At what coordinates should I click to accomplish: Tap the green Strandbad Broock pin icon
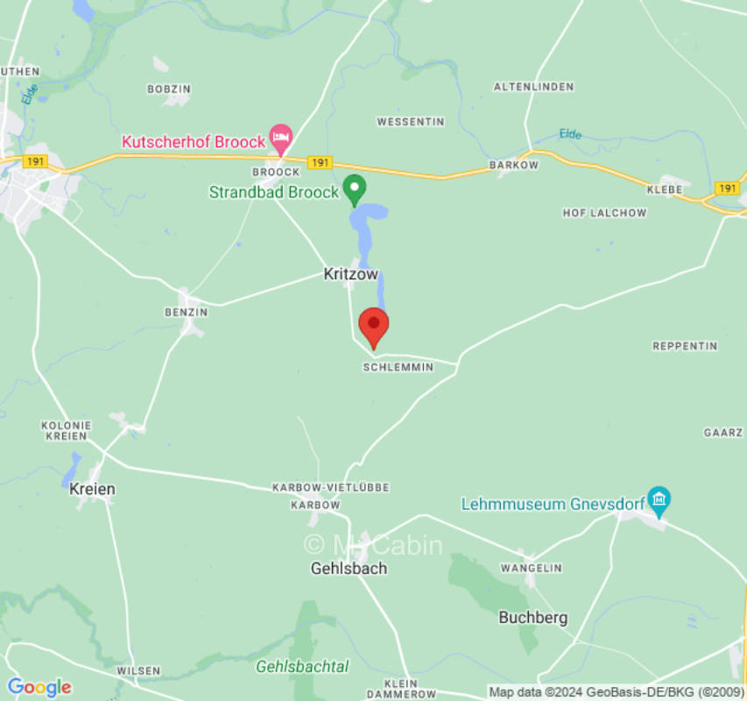(x=354, y=188)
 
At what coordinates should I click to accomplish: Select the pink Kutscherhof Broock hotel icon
(x=280, y=137)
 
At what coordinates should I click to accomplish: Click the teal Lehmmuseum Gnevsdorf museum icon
(x=659, y=500)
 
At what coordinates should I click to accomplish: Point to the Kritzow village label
(x=350, y=274)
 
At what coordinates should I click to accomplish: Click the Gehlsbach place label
(x=349, y=568)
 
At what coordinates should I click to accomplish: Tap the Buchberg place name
(x=532, y=618)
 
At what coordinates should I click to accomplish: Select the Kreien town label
(x=92, y=489)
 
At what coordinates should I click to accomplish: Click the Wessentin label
(x=410, y=122)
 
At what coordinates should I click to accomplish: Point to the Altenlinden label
(x=533, y=87)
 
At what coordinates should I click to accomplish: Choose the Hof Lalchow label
(x=604, y=213)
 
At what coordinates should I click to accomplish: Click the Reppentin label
(x=685, y=346)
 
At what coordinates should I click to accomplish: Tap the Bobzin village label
(x=169, y=89)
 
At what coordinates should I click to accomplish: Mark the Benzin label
(x=186, y=312)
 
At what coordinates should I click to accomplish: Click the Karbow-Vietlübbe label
(x=330, y=487)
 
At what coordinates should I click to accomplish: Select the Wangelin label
(x=531, y=569)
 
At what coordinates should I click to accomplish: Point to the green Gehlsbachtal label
(x=302, y=667)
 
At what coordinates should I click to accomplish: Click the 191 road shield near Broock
(x=321, y=163)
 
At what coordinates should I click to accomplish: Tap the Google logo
(x=39, y=687)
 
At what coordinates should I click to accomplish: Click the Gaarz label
(x=723, y=433)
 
